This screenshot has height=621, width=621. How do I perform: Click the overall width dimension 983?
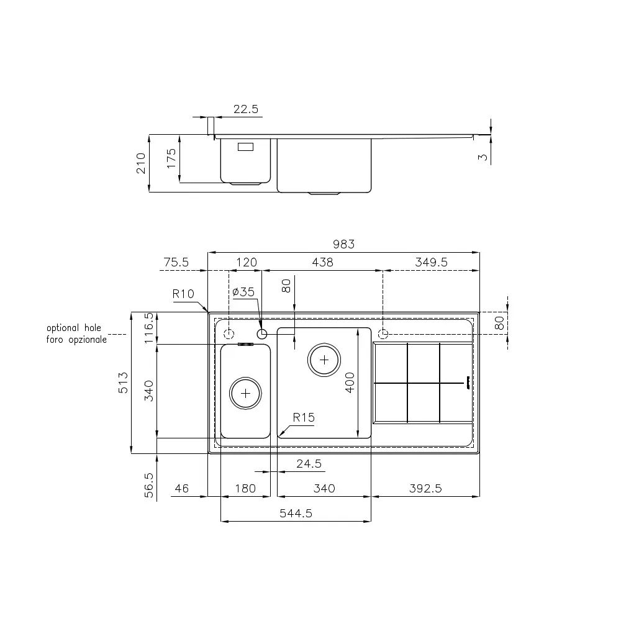click(x=343, y=245)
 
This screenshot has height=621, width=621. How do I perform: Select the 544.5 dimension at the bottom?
click(x=296, y=513)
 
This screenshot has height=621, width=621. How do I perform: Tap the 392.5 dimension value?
click(x=425, y=489)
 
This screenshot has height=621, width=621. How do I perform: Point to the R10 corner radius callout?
click(x=184, y=294)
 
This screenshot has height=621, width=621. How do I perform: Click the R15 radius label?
click(x=304, y=417)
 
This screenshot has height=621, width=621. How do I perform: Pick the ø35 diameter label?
click(x=243, y=292)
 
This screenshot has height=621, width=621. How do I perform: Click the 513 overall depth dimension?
click(x=124, y=382)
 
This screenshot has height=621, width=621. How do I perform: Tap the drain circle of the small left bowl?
click(x=245, y=392)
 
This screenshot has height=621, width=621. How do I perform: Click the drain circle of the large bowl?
click(x=324, y=359)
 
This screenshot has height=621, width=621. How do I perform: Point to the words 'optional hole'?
click(x=73, y=328)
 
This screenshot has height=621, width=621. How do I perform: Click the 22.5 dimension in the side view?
click(x=246, y=109)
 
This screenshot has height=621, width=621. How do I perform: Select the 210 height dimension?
click(x=141, y=163)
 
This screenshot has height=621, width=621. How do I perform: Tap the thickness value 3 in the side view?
click(x=483, y=157)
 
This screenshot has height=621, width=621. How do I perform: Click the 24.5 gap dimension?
click(x=308, y=463)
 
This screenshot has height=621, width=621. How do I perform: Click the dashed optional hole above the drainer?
click(x=383, y=334)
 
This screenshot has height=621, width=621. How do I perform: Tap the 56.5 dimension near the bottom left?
click(x=149, y=483)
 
